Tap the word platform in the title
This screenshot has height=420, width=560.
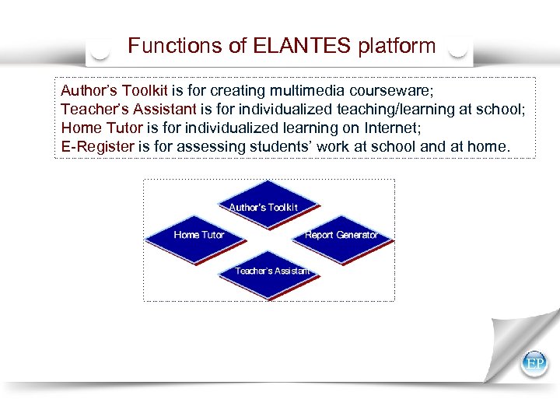[397, 46]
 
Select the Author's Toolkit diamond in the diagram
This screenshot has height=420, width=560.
[263, 207]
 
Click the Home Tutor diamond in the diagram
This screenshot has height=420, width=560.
[198, 234]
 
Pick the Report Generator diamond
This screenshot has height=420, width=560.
[341, 234]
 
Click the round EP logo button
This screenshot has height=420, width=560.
[534, 363]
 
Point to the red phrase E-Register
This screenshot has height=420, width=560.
[97, 145]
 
